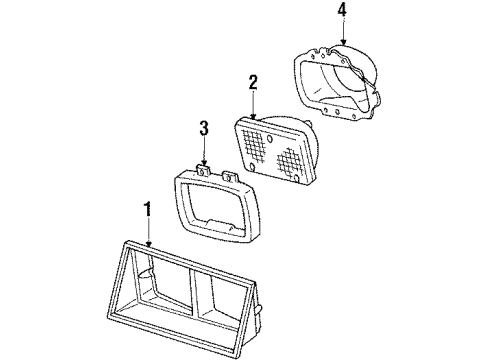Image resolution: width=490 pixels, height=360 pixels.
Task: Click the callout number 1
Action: (147, 211)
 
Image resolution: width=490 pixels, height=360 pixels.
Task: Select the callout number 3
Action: (203, 129)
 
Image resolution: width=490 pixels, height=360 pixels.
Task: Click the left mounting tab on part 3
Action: (203, 171)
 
